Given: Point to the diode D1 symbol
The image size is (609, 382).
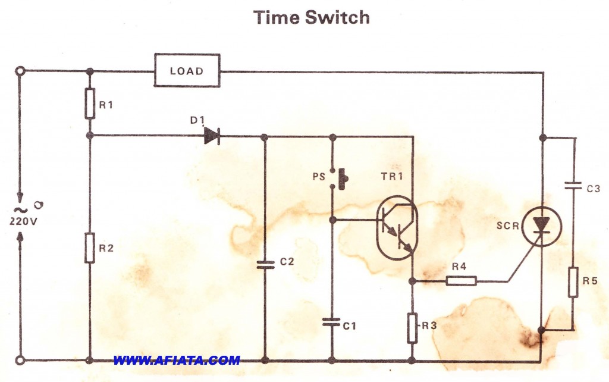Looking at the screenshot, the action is coord(212,136).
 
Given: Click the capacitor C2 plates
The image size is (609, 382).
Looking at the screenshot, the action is coord(265,265).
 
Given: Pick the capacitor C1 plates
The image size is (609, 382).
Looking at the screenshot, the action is coord(332,322).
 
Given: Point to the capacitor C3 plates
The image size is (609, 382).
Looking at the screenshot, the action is coord(573,186).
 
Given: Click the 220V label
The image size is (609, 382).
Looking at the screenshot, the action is coord(23,221).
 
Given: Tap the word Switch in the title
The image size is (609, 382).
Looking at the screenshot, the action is coord(337,17).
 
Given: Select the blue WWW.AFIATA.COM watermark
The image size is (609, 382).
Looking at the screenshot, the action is coord(177,360).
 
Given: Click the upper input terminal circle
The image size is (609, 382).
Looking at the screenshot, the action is coord(20,71).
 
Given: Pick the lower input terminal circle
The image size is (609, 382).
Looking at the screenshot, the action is coord(20,361).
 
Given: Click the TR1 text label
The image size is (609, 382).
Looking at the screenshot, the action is coord(392,177).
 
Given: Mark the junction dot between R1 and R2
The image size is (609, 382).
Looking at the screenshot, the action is coord(90,136).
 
